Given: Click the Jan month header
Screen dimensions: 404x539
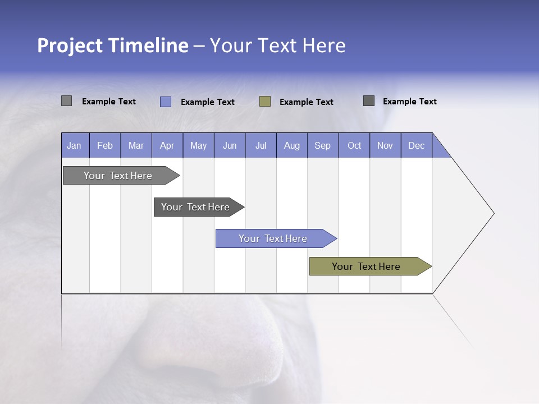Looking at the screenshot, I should [75, 145].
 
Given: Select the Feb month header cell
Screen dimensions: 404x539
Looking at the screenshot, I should [105, 145].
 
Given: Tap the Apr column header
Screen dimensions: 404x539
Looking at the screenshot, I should [167, 145].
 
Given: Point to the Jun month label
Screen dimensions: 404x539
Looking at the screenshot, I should [230, 145].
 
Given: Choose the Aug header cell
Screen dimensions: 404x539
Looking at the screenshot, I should [292, 145].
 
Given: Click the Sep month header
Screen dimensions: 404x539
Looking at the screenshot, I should [323, 145].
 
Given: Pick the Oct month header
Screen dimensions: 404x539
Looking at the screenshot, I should [354, 145].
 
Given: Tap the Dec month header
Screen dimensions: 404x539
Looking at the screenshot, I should [417, 145].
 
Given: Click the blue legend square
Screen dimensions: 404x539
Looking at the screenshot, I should [166, 102].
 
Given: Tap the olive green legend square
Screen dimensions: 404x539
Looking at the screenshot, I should [265, 102].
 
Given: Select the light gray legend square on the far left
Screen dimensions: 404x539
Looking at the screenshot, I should [67, 101].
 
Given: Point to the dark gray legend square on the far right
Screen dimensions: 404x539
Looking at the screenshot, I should [369, 101].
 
